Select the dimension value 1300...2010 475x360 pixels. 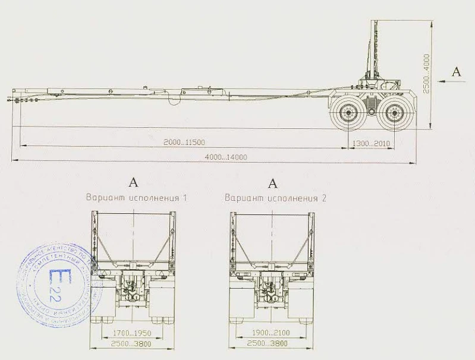[370, 143]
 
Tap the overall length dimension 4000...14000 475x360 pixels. [225, 157]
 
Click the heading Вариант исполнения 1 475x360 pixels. [136, 197]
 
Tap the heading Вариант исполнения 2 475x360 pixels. [275, 197]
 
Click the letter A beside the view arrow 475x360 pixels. [456, 71]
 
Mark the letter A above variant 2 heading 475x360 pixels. [273, 182]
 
